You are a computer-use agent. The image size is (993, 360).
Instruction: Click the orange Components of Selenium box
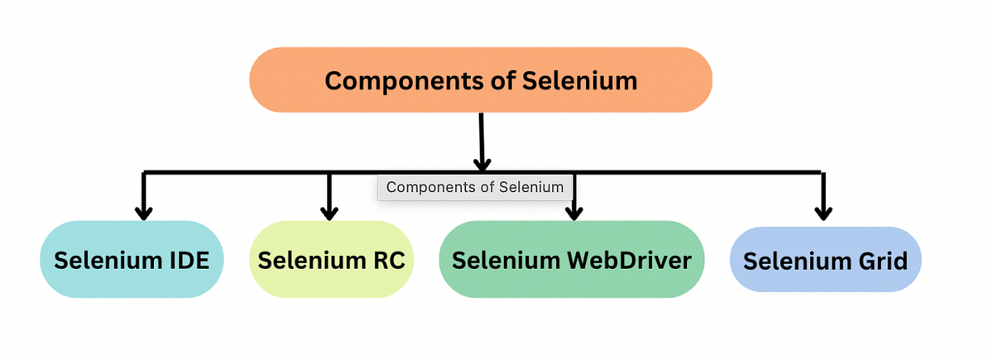click(x=480, y=79)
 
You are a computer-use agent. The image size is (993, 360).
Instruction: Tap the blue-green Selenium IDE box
click(x=132, y=260)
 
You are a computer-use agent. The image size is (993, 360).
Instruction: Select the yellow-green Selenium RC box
click(x=331, y=260)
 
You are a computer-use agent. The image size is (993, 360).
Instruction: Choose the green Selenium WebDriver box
click(x=571, y=260)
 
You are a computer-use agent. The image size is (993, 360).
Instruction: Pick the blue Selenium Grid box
click(x=825, y=260)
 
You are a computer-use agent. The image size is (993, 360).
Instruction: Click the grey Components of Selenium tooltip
click(x=475, y=187)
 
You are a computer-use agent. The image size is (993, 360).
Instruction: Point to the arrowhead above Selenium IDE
click(x=144, y=212)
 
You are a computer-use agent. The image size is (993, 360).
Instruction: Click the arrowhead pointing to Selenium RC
click(x=329, y=212)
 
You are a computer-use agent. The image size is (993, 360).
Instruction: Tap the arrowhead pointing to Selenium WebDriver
click(x=573, y=212)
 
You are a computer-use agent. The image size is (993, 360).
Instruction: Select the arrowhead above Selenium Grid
click(x=823, y=212)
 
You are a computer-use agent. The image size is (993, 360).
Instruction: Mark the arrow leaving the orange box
click(x=482, y=141)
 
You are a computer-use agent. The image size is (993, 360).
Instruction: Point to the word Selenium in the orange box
click(x=580, y=80)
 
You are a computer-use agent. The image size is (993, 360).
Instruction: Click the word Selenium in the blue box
click(x=796, y=261)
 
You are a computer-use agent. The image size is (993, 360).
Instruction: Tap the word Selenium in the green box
click(x=506, y=260)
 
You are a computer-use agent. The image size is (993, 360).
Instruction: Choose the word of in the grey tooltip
click(x=488, y=187)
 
